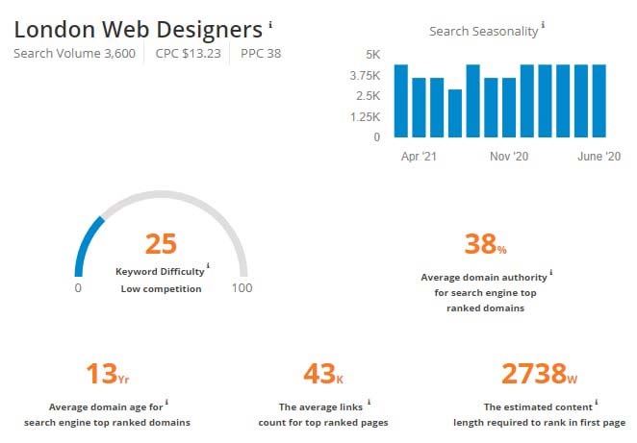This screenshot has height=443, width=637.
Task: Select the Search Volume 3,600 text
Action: tap(75, 53)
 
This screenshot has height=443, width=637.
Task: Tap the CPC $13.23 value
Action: tap(188, 53)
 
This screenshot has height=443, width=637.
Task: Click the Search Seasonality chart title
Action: tap(483, 31)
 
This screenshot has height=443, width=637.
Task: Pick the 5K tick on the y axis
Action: tap(371, 54)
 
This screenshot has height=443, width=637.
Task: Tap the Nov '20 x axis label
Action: tap(508, 156)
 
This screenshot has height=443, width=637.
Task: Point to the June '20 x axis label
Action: tap(598, 156)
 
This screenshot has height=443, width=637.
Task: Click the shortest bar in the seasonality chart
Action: tap(455, 112)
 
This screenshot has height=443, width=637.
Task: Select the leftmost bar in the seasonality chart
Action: tap(401, 100)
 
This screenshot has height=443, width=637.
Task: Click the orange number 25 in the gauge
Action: tap(161, 244)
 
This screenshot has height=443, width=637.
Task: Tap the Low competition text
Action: tap(161, 288)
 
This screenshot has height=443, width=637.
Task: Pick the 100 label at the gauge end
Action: tap(242, 288)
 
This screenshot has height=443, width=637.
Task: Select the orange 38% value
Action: tap(484, 244)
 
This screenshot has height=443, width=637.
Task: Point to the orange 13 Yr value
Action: tap(107, 373)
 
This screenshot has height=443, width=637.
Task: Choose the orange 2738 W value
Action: tap(540, 373)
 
